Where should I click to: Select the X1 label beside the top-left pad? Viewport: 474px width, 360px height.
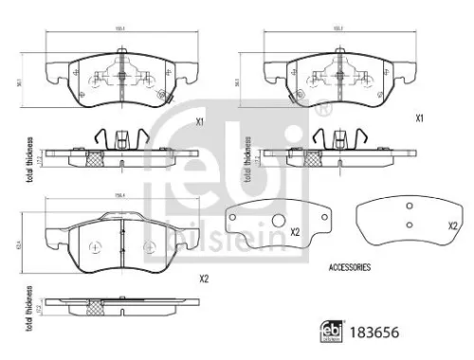[x=199, y=122]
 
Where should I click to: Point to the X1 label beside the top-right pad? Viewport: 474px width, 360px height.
[x=418, y=119]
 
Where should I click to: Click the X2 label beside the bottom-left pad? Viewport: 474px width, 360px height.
[x=203, y=279]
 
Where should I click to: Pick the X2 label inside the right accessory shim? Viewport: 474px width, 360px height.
[x=452, y=225]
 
